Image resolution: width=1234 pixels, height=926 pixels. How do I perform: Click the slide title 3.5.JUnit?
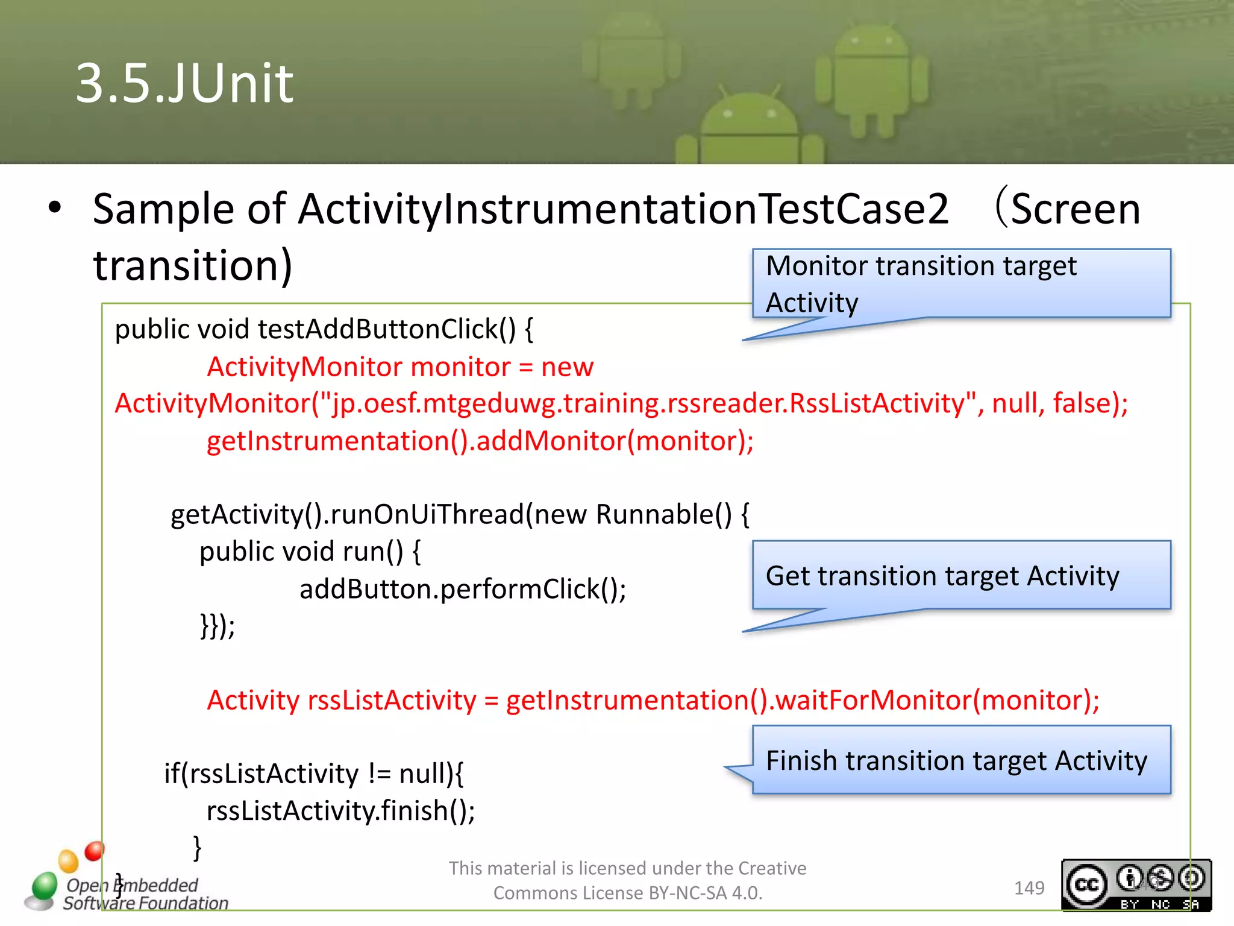point(184,83)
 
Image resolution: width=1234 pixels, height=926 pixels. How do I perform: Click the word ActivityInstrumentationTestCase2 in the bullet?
point(623,209)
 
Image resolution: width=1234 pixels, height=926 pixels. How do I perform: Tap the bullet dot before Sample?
point(55,208)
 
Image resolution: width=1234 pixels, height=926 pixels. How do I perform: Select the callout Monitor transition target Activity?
point(960,283)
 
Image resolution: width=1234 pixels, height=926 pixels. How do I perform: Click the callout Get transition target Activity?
point(960,575)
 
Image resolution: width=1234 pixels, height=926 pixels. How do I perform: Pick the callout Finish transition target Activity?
point(960,760)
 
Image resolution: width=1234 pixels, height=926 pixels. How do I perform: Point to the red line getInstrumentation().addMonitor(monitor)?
point(480,441)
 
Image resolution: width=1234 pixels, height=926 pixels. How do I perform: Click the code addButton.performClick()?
point(462,589)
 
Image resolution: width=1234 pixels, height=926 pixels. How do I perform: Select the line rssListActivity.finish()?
point(340,811)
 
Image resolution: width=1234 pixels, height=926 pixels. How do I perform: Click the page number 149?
point(1029,887)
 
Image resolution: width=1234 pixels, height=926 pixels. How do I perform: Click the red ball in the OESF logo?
point(94,851)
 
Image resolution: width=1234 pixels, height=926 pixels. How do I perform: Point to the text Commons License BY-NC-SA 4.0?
point(627,893)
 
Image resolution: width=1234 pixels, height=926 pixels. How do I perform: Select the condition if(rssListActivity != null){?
point(313,773)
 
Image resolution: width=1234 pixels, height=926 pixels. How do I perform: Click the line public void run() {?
point(310,552)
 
